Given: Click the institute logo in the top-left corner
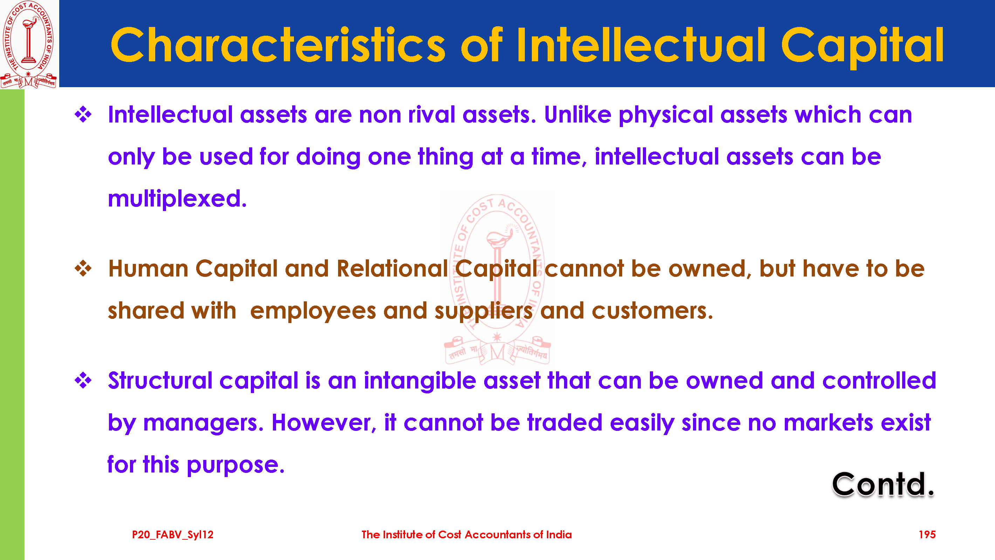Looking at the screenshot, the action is click(29, 44).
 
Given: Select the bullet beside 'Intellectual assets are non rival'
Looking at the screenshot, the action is click(83, 114).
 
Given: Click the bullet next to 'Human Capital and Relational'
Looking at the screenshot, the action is click(83, 268).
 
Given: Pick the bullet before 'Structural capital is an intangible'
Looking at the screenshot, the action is click(83, 380).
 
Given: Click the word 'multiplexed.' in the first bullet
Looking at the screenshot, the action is click(177, 199).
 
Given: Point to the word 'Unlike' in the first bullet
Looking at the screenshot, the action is click(577, 114).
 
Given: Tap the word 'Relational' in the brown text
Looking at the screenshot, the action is click(392, 268).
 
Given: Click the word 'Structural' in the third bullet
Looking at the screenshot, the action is click(160, 380).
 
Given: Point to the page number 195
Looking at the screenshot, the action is click(927, 534).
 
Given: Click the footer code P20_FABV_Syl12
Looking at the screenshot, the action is click(173, 535).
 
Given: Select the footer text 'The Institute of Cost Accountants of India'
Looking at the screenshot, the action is click(467, 534).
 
